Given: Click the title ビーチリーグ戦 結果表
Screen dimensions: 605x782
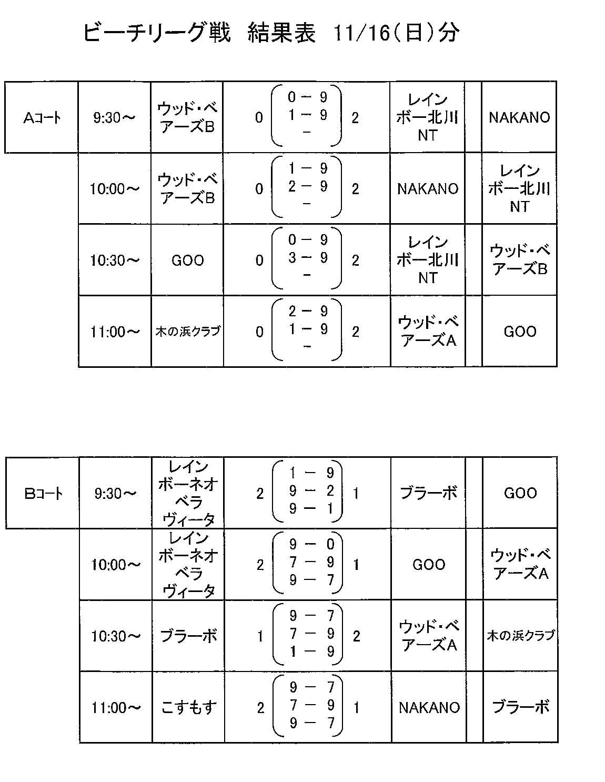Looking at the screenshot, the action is pyautogui.click(x=199, y=33).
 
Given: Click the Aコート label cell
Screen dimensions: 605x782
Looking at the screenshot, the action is pyautogui.click(x=42, y=117).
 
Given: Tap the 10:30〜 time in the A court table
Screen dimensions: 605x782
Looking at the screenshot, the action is pyautogui.click(x=114, y=260).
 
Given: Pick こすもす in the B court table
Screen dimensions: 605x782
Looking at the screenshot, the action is pyautogui.click(x=189, y=707).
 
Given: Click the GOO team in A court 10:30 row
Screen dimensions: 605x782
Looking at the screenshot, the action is pyautogui.click(x=187, y=260).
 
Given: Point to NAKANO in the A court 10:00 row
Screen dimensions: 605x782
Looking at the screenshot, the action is pyautogui.click(x=428, y=189).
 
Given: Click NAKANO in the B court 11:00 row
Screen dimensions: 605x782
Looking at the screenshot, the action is pyautogui.click(x=429, y=708).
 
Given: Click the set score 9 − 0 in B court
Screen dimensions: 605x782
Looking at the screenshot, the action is pyautogui.click(x=312, y=545).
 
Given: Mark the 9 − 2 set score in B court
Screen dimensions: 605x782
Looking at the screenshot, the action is pyautogui.click(x=311, y=490).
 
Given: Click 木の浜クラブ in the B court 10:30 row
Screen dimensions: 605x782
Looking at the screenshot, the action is pyautogui.click(x=520, y=636).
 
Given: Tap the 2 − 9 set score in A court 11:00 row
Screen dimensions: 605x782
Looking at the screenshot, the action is pyautogui.click(x=308, y=312).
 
